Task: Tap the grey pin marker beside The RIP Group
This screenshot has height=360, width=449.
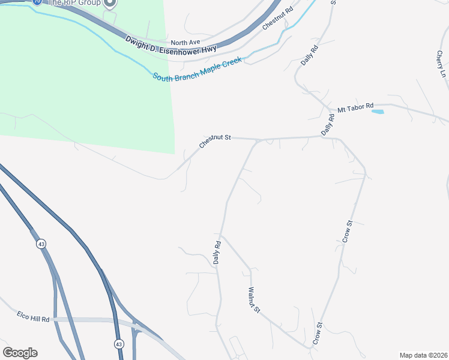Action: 109,3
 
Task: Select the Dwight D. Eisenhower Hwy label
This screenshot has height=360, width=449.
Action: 170,49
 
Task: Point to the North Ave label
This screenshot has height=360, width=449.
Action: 185,43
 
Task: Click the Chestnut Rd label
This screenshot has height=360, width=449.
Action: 277,19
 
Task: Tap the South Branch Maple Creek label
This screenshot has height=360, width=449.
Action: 197,69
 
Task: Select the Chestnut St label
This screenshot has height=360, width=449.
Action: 215,142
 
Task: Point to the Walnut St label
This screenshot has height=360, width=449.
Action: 254,299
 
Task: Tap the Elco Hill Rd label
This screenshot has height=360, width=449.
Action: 33,316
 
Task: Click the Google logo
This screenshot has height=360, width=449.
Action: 20,353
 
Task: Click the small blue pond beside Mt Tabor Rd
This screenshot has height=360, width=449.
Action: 378,111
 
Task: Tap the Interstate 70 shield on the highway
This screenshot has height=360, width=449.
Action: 37,2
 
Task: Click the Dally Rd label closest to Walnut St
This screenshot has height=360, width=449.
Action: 218,253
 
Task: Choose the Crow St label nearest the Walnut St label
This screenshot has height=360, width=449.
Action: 318,334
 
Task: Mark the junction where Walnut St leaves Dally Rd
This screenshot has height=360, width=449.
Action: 220,234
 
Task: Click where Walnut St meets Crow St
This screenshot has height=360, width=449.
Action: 312,348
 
